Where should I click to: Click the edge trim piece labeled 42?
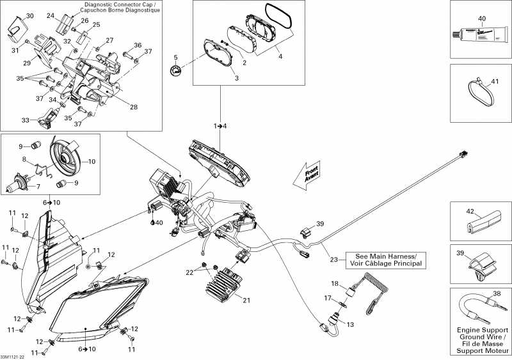pyautogui.click(x=480, y=217)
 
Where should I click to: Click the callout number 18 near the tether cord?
pyautogui.click(x=334, y=283)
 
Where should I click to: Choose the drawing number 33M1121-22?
pyautogui.click(x=13, y=356)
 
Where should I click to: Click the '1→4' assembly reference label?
pyautogui.click(x=221, y=126)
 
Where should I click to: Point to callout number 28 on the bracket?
pyautogui.click(x=134, y=107)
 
